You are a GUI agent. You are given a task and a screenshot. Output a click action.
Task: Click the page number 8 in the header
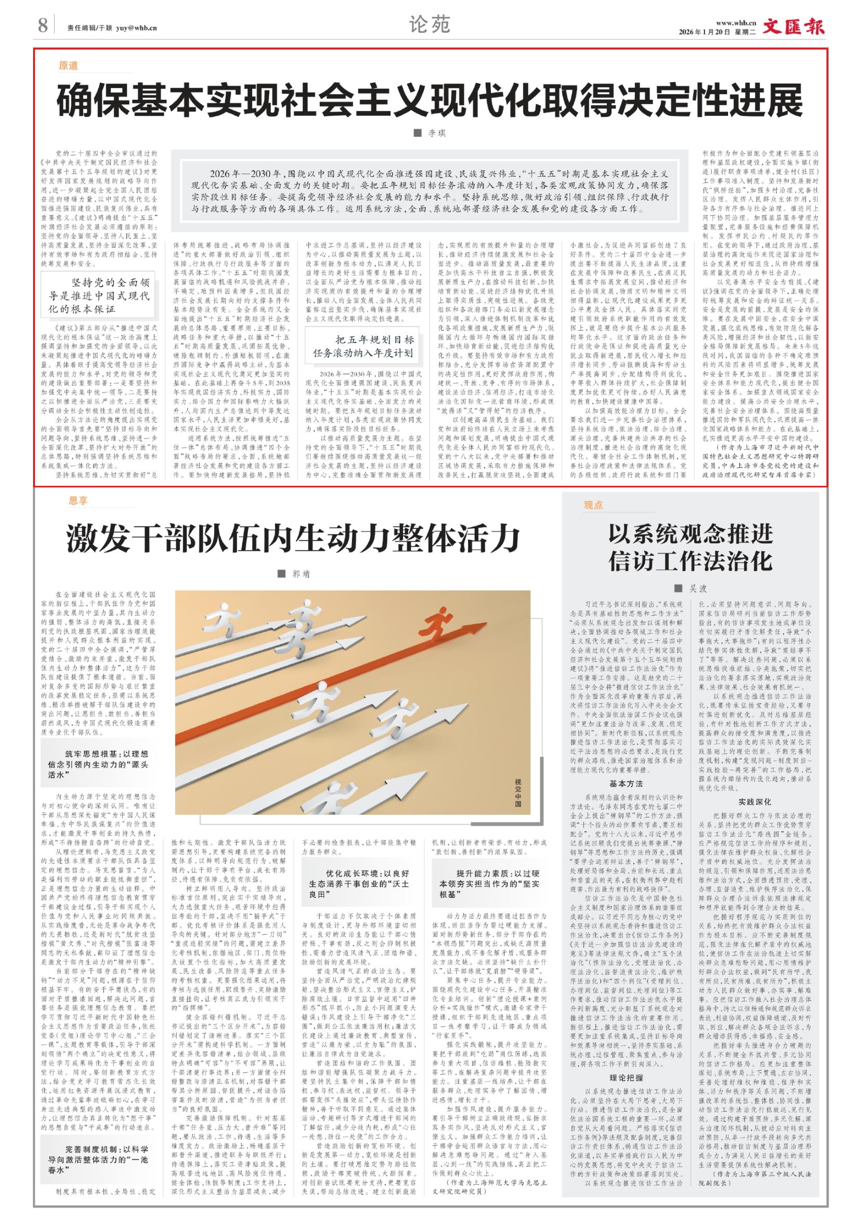(x=43, y=25)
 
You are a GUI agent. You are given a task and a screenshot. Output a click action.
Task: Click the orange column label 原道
(x=68, y=66)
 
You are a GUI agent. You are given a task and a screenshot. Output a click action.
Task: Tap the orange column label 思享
(x=77, y=500)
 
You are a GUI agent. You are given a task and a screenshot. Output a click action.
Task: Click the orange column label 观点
(x=594, y=505)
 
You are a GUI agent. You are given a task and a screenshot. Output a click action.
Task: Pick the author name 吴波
(x=697, y=589)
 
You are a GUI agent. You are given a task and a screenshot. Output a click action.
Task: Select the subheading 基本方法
(x=627, y=783)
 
